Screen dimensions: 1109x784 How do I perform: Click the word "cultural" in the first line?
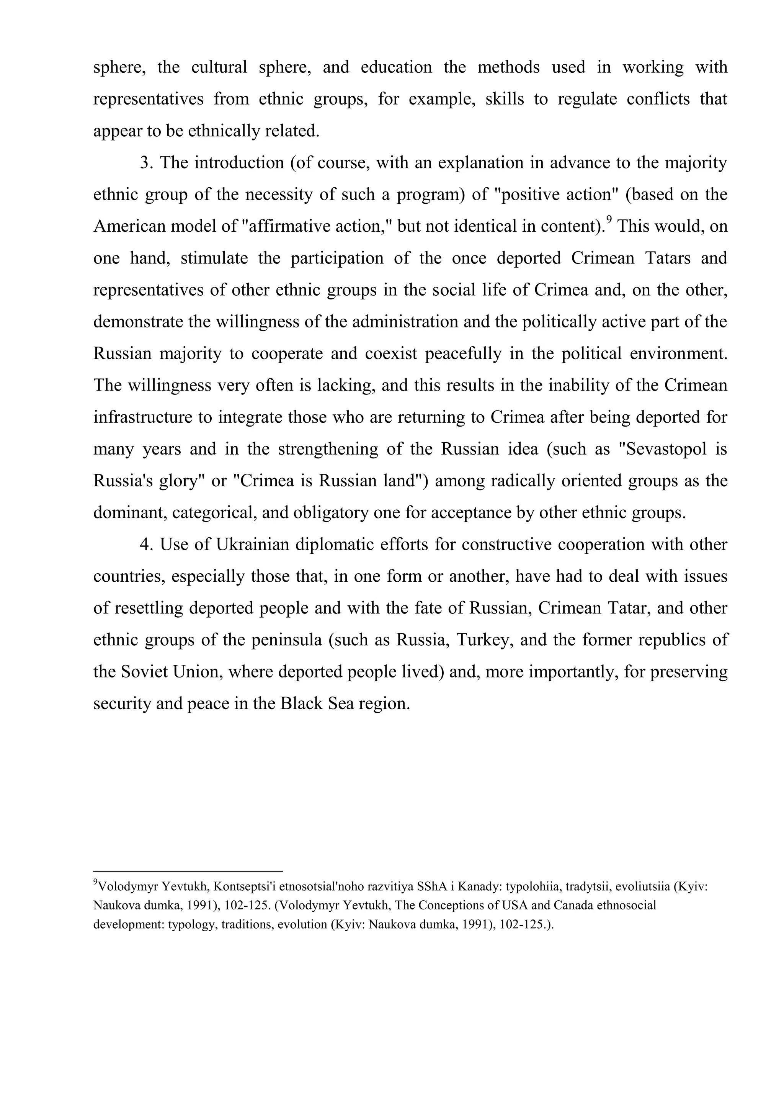(x=219, y=67)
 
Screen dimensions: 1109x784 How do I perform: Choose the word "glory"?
(x=178, y=481)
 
